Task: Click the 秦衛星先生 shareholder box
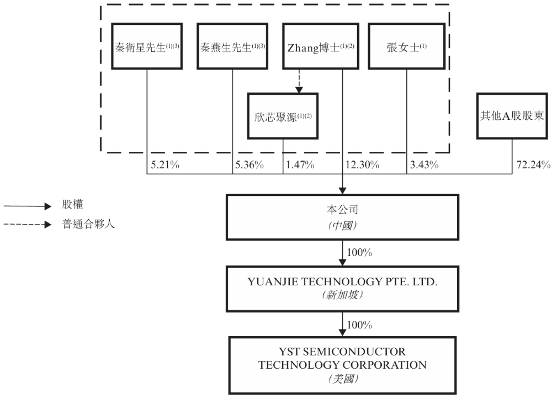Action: click(147, 46)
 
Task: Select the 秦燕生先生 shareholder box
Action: click(232, 46)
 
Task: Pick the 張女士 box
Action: click(407, 46)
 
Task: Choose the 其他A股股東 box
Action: click(512, 115)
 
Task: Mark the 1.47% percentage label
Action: click(300, 164)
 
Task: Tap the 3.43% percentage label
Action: click(424, 164)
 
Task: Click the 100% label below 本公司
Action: click(360, 253)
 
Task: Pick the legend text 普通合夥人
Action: click(90, 225)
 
